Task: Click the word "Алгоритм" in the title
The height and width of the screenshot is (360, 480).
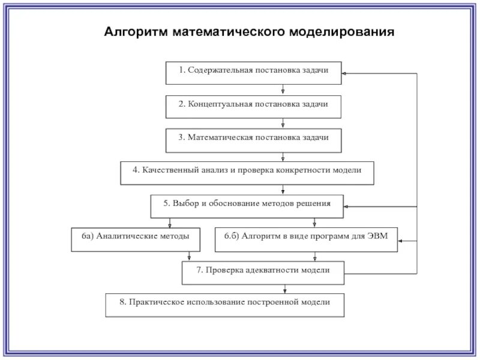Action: click(x=137, y=31)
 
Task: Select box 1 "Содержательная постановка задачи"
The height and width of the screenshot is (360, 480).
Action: click(x=253, y=73)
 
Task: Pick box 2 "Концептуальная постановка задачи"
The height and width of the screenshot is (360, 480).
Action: click(x=253, y=106)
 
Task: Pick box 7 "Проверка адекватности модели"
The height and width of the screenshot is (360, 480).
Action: click(x=263, y=272)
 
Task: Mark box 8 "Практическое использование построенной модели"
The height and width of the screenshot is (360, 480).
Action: click(x=225, y=305)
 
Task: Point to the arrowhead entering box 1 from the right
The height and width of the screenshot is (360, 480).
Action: click(x=344, y=73)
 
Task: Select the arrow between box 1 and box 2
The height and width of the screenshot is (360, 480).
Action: click(x=283, y=89)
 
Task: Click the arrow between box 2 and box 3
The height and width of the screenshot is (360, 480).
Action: click(x=283, y=123)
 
